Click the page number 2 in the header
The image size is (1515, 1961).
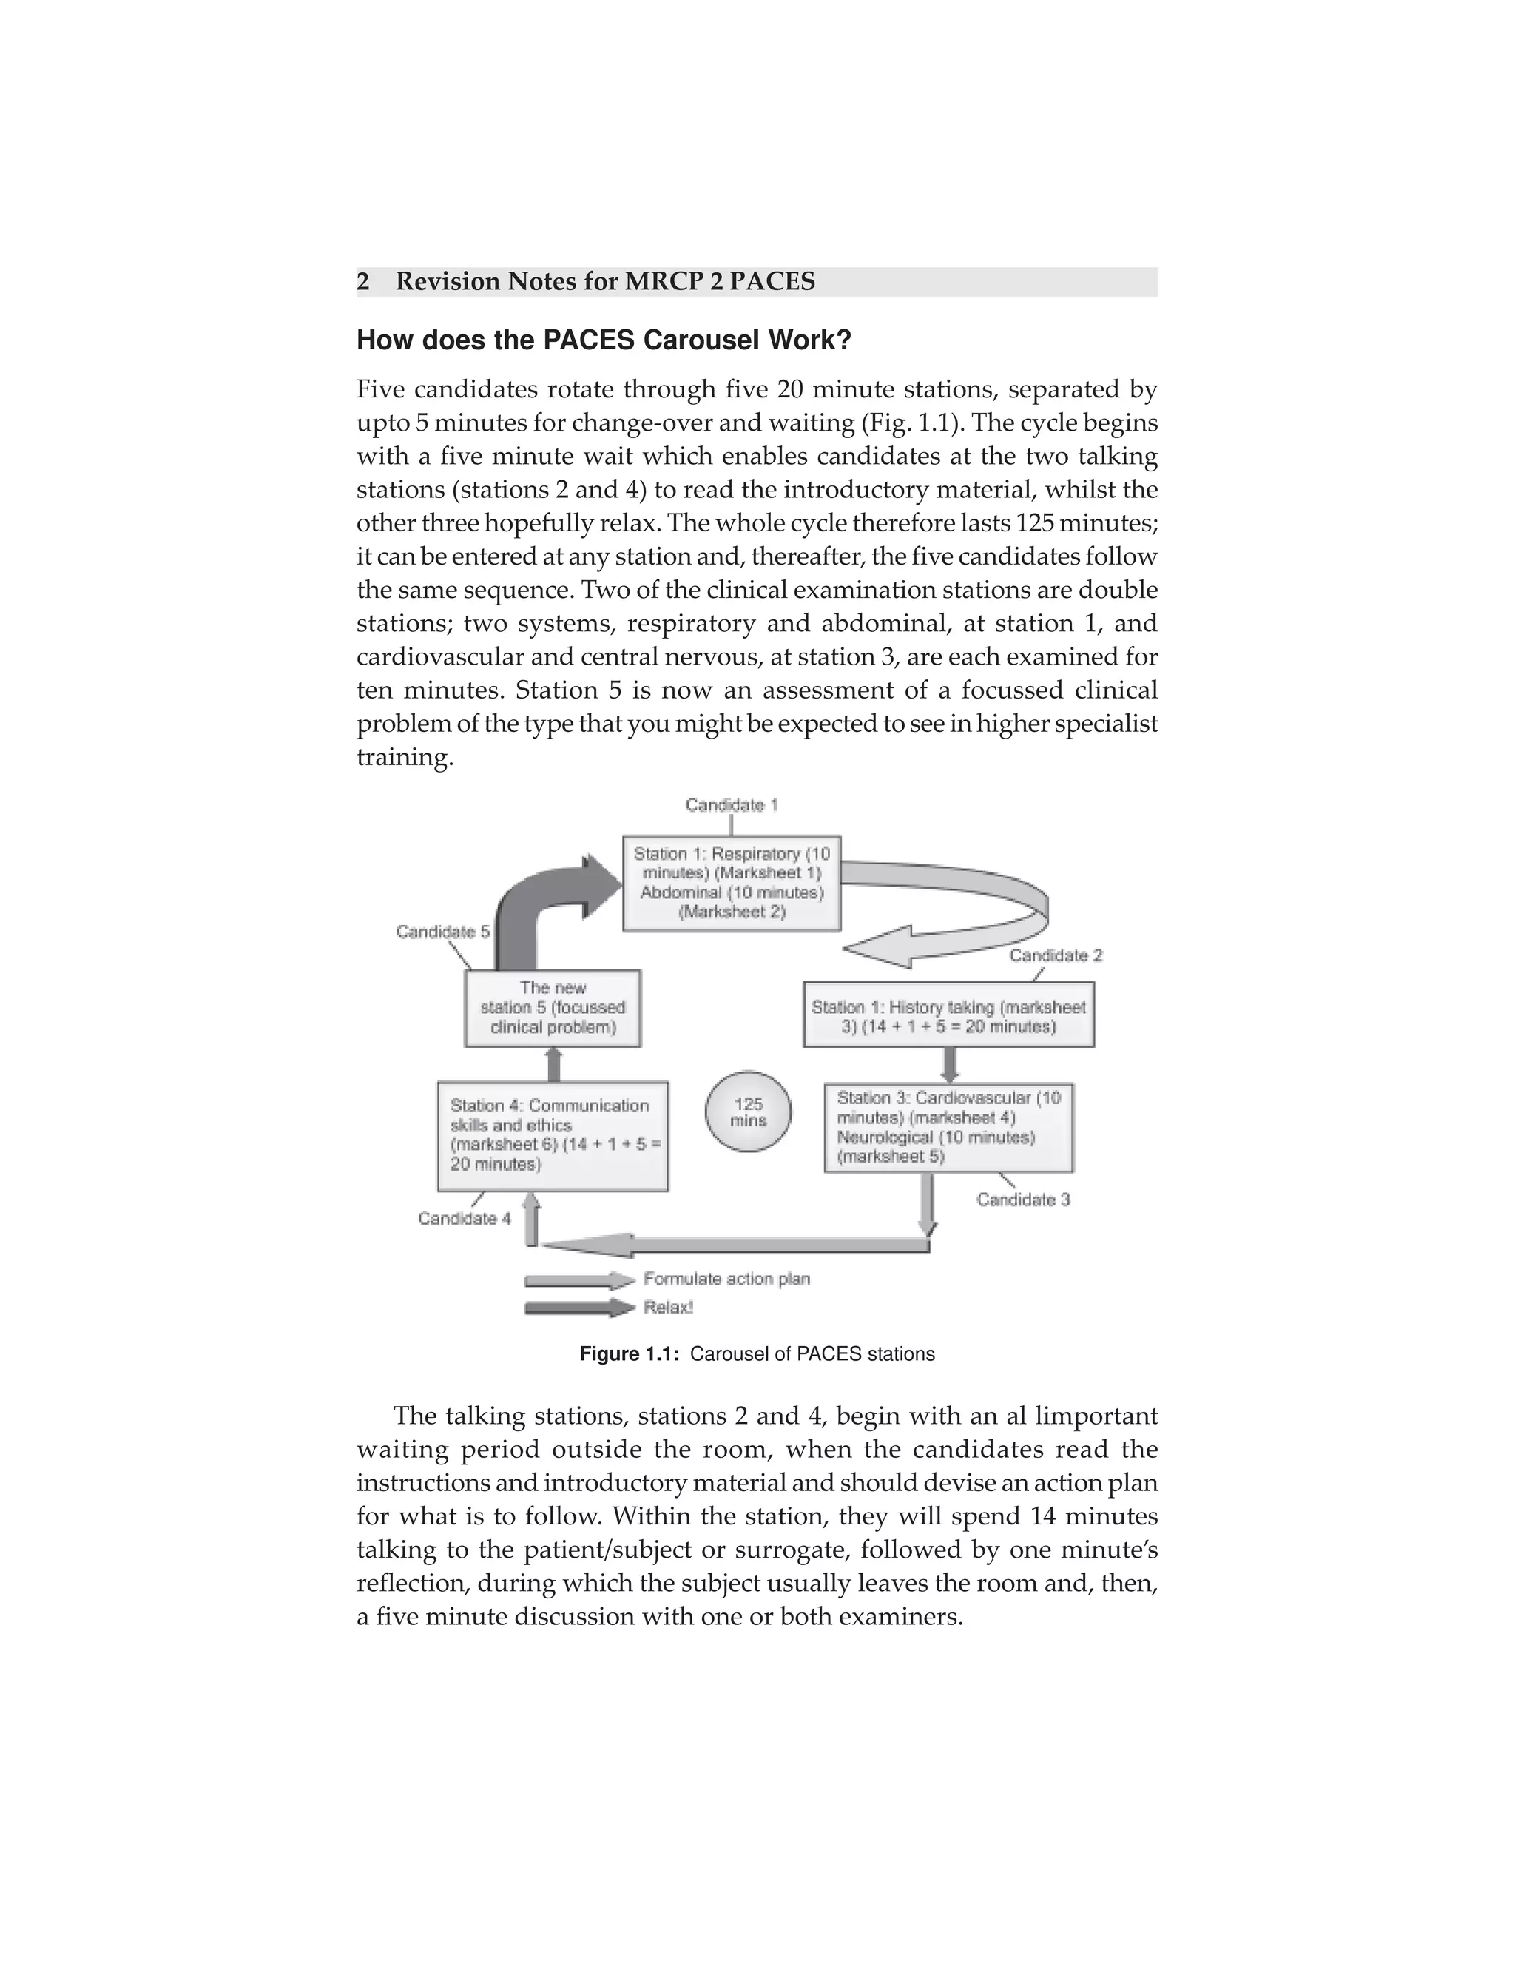[362, 282]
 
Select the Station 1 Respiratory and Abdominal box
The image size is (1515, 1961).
[732, 883]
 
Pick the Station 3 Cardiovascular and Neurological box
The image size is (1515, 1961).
[948, 1127]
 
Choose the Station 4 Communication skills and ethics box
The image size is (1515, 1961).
[553, 1135]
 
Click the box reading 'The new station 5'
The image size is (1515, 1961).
[553, 1007]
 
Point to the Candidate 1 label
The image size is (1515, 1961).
[732, 804]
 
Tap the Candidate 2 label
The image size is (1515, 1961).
[1056, 955]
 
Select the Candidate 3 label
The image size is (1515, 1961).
[1023, 1200]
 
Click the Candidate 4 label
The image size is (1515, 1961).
[464, 1219]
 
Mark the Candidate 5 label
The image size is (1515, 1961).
[442, 932]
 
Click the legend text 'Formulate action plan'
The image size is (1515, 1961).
[726, 1279]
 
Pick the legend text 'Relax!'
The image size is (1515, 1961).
[668, 1308]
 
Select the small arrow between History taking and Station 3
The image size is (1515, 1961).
[951, 1065]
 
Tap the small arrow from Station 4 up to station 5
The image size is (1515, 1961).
[554, 1065]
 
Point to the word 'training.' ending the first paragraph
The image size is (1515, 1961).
[405, 757]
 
